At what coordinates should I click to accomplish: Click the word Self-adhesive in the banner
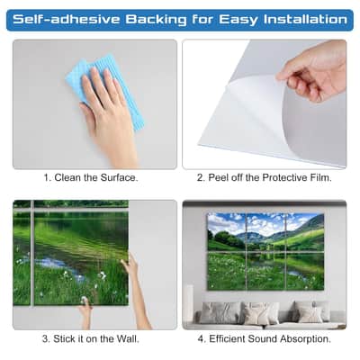click(x=67, y=20)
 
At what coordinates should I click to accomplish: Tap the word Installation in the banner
click(x=305, y=20)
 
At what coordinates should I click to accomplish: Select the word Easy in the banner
click(x=238, y=21)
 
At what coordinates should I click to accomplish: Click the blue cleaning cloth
click(x=105, y=90)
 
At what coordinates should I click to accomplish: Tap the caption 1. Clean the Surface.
click(x=91, y=177)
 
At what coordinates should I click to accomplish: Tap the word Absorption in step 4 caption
click(x=306, y=339)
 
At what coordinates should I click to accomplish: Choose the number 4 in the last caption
click(x=201, y=339)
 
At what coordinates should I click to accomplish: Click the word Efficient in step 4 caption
click(x=228, y=339)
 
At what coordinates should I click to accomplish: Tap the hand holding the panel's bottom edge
click(x=85, y=312)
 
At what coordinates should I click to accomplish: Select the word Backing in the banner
click(x=156, y=21)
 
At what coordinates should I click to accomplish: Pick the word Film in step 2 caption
click(x=324, y=177)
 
